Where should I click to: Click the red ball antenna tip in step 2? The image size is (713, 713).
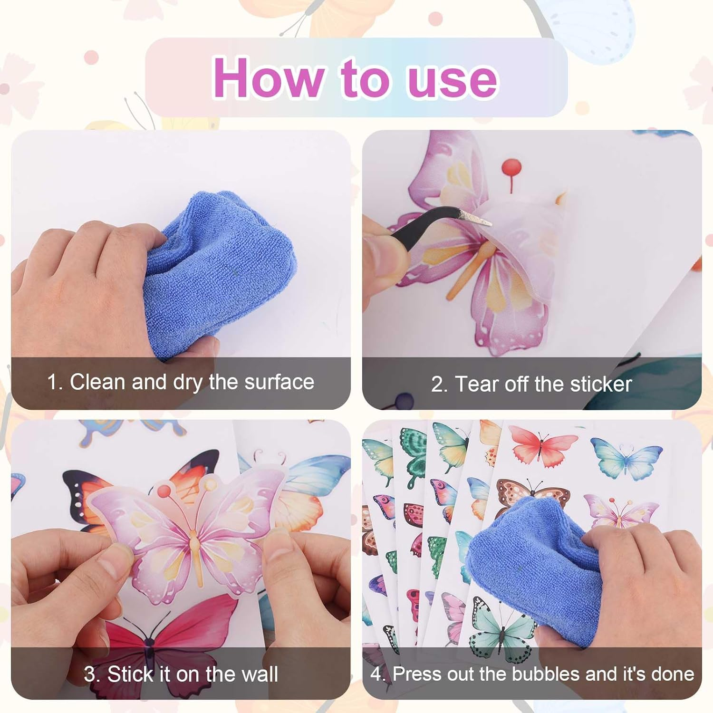[511, 167]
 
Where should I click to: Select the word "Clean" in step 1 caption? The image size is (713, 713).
[97, 382]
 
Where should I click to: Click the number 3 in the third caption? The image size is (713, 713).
[90, 674]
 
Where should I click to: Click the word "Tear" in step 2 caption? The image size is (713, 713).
[477, 384]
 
